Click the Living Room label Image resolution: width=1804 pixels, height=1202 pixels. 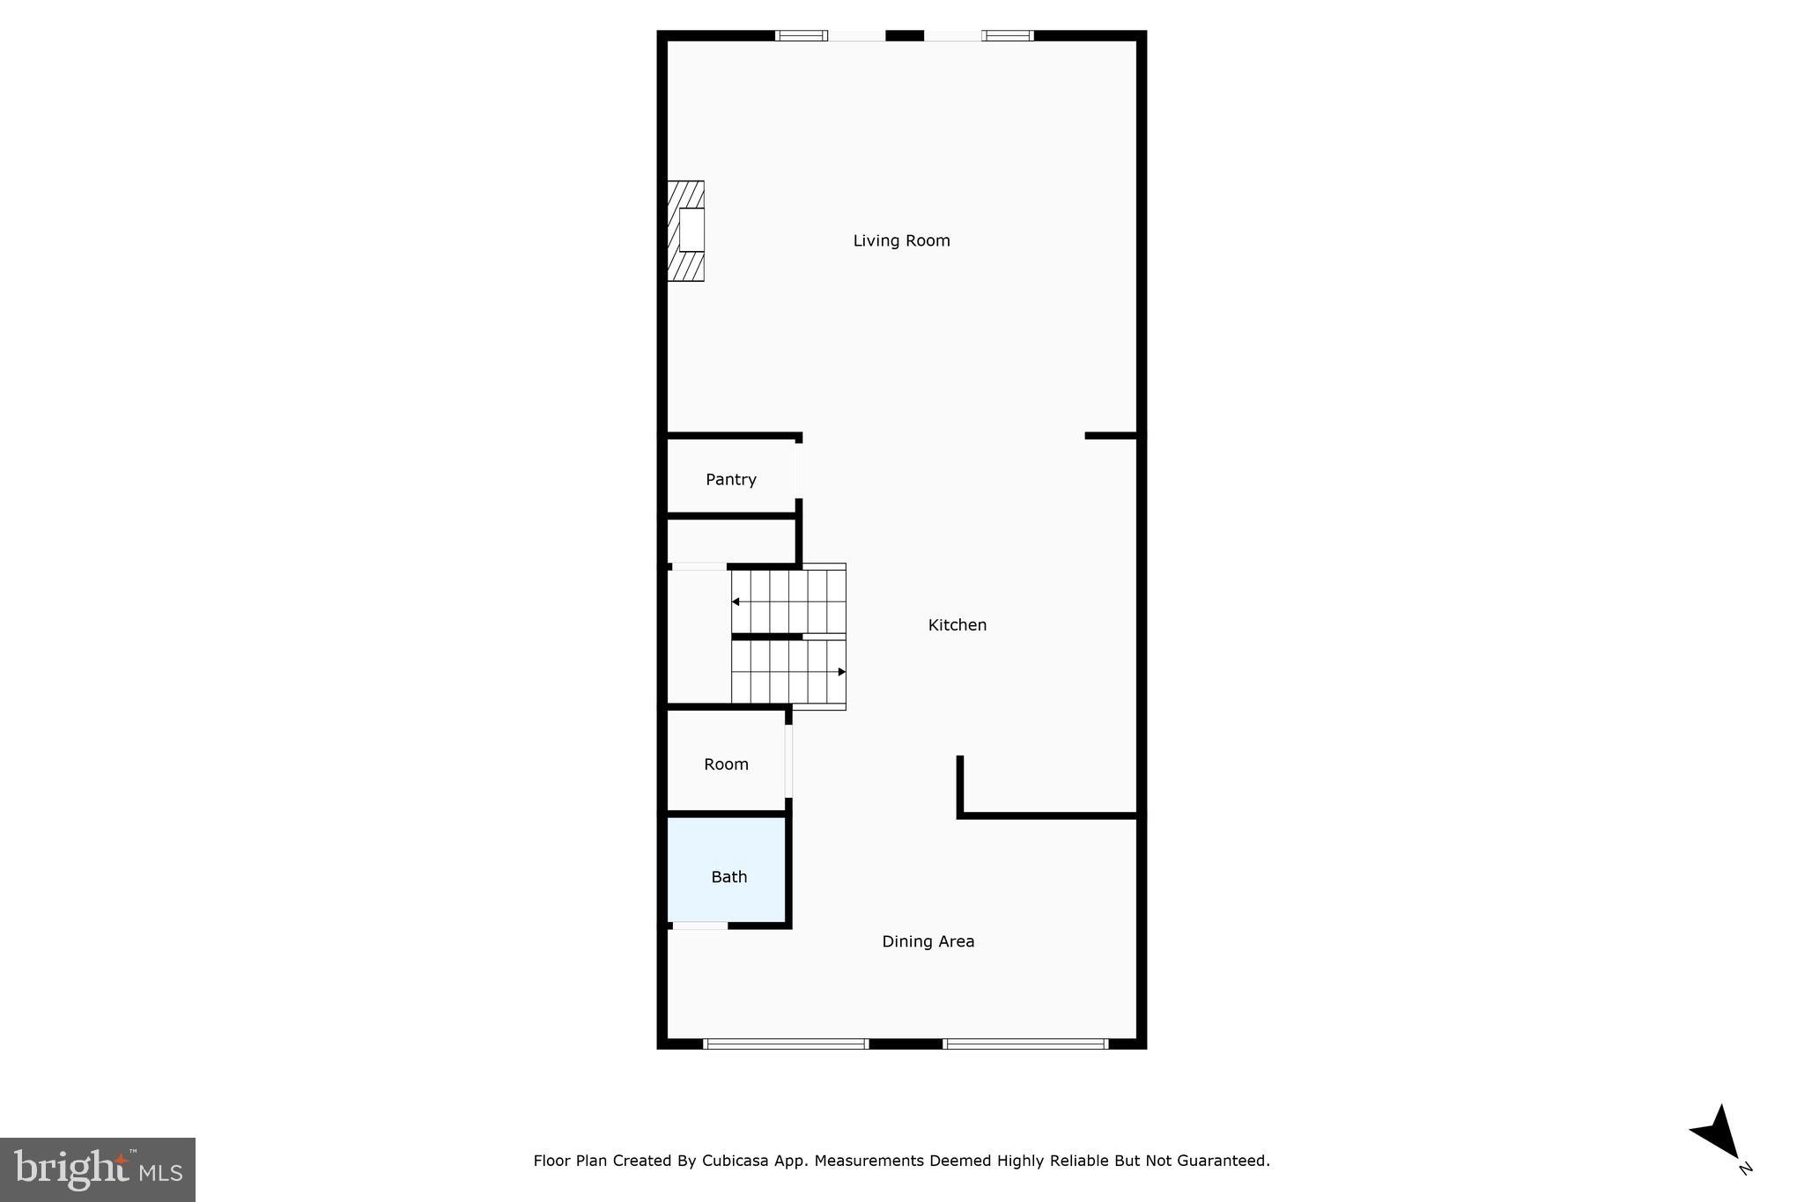tap(901, 240)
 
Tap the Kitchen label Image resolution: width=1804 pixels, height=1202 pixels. tap(957, 625)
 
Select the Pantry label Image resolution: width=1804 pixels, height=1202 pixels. tap(731, 480)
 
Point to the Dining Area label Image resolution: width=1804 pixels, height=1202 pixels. tap(928, 941)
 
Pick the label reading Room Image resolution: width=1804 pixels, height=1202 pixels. tap(726, 764)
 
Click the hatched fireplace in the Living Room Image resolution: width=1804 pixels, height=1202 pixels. tap(686, 231)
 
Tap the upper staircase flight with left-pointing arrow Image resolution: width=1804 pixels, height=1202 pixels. tap(787, 601)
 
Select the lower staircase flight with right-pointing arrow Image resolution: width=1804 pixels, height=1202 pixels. tap(787, 672)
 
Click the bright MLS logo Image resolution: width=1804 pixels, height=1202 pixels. tap(98, 1169)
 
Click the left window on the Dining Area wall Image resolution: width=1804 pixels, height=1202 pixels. tap(786, 1044)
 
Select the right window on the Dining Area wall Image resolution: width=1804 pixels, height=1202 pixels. tap(1025, 1044)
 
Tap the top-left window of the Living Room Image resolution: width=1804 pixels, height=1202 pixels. tap(801, 36)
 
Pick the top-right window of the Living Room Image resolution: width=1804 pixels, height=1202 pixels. tap(1008, 36)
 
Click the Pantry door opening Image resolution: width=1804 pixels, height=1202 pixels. tap(799, 470)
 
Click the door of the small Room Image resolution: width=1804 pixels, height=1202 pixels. tap(789, 761)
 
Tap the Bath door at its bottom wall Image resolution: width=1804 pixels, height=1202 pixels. tap(700, 925)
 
